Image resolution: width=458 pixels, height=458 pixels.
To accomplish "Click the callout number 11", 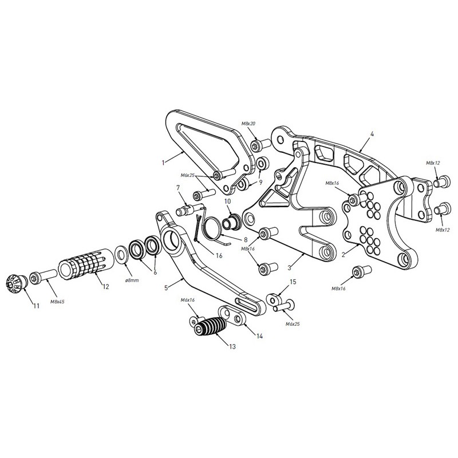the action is [36, 306].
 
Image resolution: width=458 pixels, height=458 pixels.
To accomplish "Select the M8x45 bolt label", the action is [57, 302].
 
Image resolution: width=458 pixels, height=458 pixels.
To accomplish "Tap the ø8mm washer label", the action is [132, 281].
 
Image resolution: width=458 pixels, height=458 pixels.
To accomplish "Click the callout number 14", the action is [259, 336].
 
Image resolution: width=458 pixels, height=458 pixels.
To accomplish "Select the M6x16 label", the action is [188, 300].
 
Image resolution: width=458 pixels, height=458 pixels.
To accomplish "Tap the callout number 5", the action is [166, 288].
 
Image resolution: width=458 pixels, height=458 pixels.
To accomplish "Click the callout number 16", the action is [219, 256].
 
